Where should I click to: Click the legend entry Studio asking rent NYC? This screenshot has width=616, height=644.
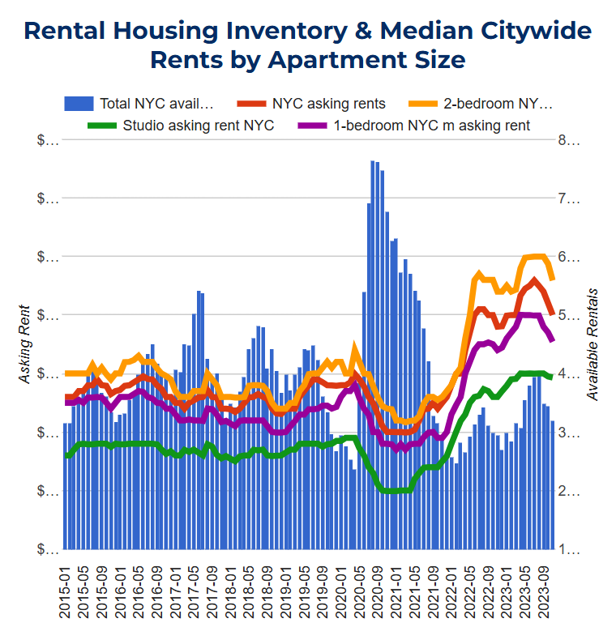[198, 126]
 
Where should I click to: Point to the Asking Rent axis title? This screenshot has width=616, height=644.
[24, 344]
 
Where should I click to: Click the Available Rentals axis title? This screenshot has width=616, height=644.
[592, 344]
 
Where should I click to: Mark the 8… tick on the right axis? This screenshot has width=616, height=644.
[569, 140]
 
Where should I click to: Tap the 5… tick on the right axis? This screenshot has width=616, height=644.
[569, 316]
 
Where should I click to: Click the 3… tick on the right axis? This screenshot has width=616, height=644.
[569, 433]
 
